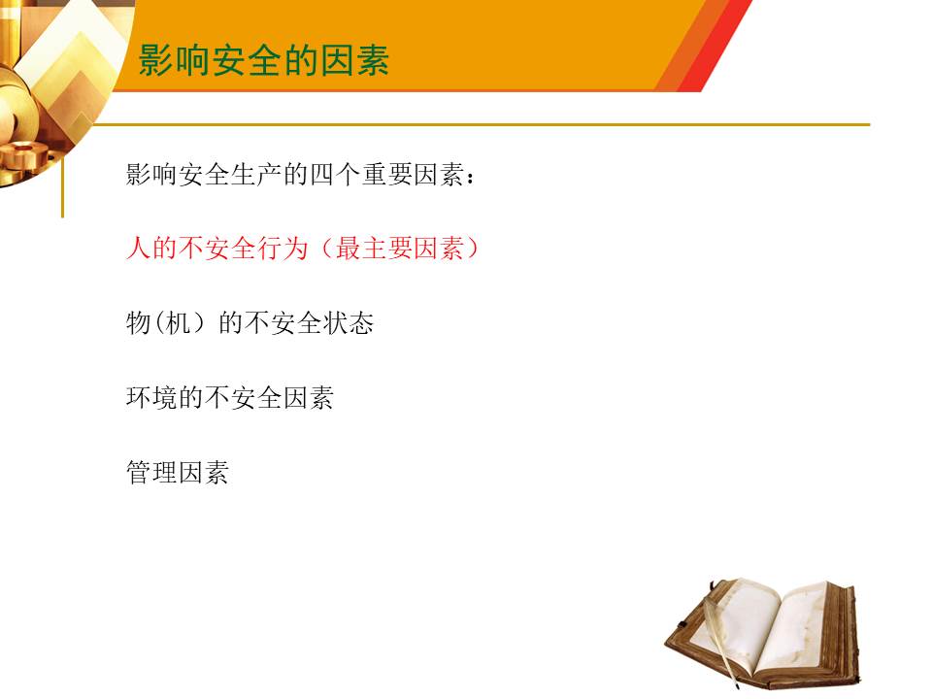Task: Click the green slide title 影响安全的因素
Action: pyautogui.click(x=264, y=60)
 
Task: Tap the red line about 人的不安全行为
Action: pyautogui.click(x=302, y=249)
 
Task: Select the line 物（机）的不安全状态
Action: pyautogui.click(x=250, y=323)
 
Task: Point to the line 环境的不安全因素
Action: pyautogui.click(x=230, y=398)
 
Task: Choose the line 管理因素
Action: pyautogui.click(x=178, y=473)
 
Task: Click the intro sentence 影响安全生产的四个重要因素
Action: pyautogui.click(x=300, y=174)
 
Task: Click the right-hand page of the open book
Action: pyautogui.click(x=799, y=630)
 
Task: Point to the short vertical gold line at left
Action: pyautogui.click(x=62, y=186)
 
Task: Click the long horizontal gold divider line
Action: pyautogui.click(x=482, y=125)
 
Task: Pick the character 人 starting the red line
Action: pyautogui.click(x=138, y=249)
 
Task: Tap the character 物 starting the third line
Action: pyautogui.click(x=138, y=323)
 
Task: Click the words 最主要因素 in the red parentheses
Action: pyautogui.click(x=399, y=249)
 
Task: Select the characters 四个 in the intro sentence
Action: pyautogui.click(x=335, y=174)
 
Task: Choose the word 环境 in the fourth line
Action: pyautogui.click(x=151, y=398)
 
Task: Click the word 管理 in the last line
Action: pyautogui.click(x=151, y=473)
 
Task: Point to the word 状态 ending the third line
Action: pyautogui.click(x=349, y=323)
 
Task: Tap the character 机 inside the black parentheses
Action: pyautogui.click(x=178, y=323)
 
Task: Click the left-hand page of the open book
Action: pyautogui.click(x=737, y=624)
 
